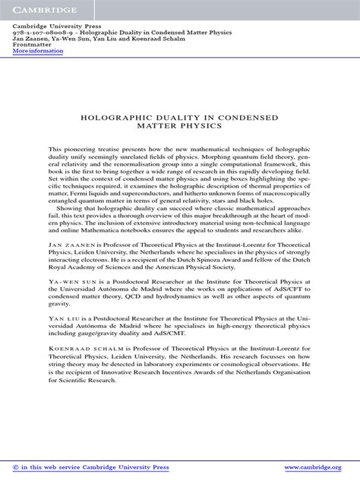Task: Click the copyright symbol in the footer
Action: point(16,467)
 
